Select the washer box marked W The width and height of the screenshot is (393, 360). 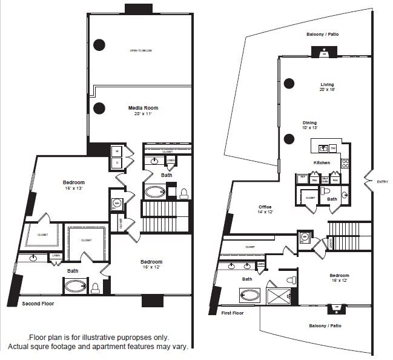[x=116, y=152]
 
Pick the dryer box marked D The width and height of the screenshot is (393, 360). [x=116, y=162]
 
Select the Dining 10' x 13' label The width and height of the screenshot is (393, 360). [x=309, y=125]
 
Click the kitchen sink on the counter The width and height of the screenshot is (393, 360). [x=324, y=148]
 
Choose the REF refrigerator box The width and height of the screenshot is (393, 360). [x=302, y=178]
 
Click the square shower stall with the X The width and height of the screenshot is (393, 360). [x=280, y=294]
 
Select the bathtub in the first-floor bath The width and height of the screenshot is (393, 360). [x=249, y=296]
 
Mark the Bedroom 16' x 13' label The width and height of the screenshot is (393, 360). [x=73, y=185]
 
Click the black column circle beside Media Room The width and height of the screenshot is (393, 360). [x=99, y=109]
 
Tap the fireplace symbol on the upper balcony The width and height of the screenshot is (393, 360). [x=323, y=54]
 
